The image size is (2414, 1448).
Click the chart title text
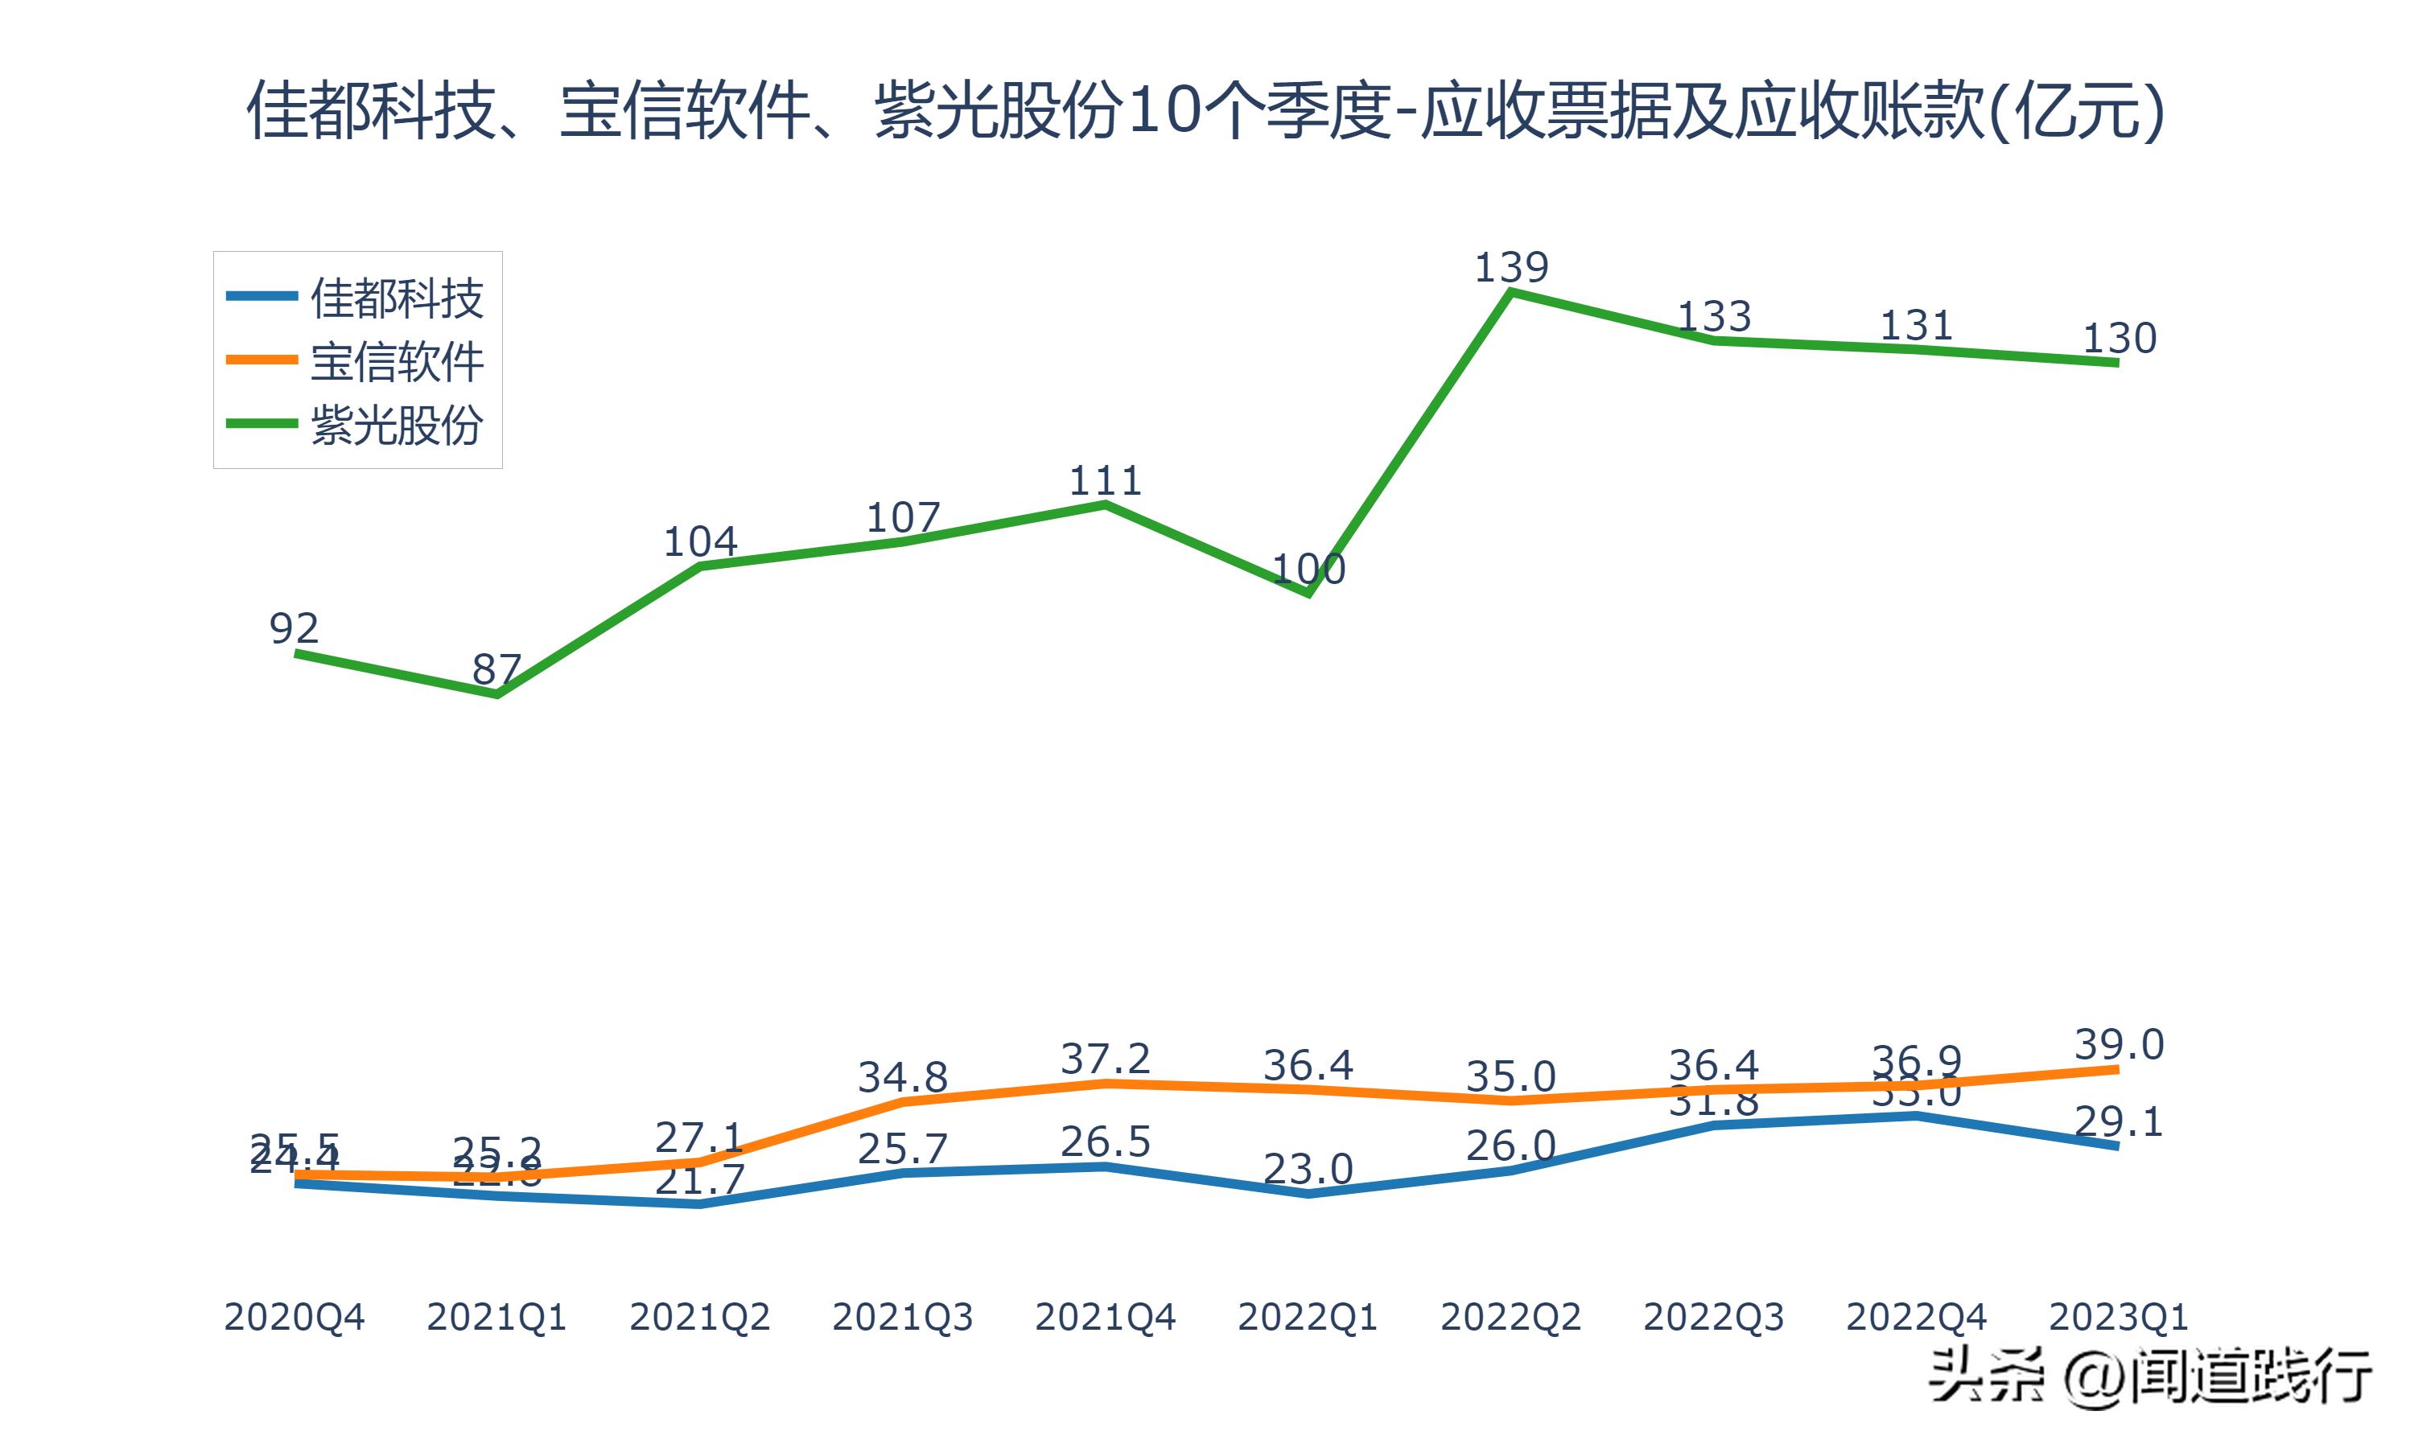point(1206,110)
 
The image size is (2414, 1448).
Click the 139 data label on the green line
point(1510,267)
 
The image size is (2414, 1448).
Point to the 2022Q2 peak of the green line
point(1510,293)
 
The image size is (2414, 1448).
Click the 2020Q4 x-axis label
point(294,1317)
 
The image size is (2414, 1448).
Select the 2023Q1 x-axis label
point(2117,1317)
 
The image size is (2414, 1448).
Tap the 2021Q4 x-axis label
point(1105,1317)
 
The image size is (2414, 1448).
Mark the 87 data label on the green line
point(496,669)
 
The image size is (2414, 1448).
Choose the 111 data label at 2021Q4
point(1105,481)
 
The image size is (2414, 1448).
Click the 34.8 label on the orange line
point(903,1077)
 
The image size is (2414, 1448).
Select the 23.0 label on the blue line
point(1308,1169)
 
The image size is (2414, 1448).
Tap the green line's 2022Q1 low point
point(1308,592)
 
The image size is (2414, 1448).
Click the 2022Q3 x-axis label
point(1713,1317)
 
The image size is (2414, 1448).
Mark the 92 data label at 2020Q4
point(294,628)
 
